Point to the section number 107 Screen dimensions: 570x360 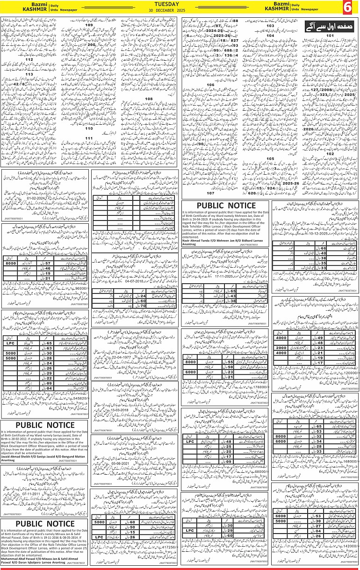[x=210, y=193]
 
